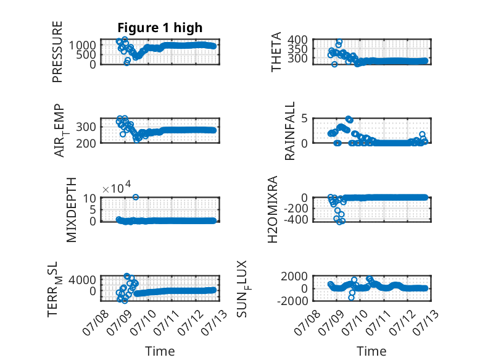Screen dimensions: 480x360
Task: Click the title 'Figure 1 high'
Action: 160,28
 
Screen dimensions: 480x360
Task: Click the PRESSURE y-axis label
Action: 57,52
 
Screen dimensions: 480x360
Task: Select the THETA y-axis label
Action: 276,52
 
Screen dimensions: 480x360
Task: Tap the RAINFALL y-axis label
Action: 289,131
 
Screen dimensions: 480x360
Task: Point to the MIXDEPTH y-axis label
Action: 72,210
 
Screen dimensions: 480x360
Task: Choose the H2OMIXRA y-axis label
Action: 273,209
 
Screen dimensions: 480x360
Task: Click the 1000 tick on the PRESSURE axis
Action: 83,45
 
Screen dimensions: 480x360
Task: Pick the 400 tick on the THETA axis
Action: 297,40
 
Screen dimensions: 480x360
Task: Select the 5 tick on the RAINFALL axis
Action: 304,119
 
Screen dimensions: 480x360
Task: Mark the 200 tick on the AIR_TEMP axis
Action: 86,143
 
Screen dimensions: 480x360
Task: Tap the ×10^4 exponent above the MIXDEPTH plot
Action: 117,188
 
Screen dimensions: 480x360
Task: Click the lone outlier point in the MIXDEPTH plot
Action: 136,198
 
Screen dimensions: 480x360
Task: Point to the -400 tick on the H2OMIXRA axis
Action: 296,220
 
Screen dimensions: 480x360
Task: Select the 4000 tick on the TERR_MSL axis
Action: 82,280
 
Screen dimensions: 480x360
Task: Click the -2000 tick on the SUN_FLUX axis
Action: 292,301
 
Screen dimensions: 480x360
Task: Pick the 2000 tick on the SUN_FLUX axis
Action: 294,276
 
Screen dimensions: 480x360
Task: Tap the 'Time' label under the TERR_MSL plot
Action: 160,351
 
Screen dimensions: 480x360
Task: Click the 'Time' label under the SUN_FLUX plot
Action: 371,351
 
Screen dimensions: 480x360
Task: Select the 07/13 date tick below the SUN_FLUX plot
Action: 426,322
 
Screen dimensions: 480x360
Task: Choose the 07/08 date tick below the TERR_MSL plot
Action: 96,322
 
